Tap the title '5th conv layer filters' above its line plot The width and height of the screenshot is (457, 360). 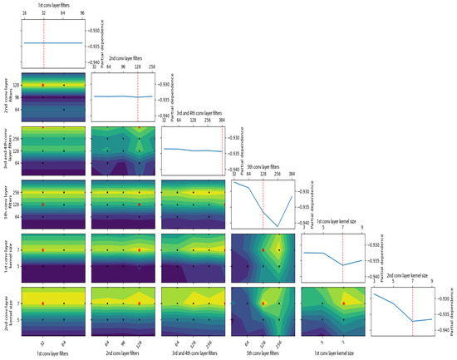click(263, 170)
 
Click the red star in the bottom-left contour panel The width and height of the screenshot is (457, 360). click(43, 304)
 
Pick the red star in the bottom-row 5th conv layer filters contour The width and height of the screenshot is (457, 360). click(263, 304)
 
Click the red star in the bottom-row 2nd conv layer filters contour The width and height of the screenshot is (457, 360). click(140, 304)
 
